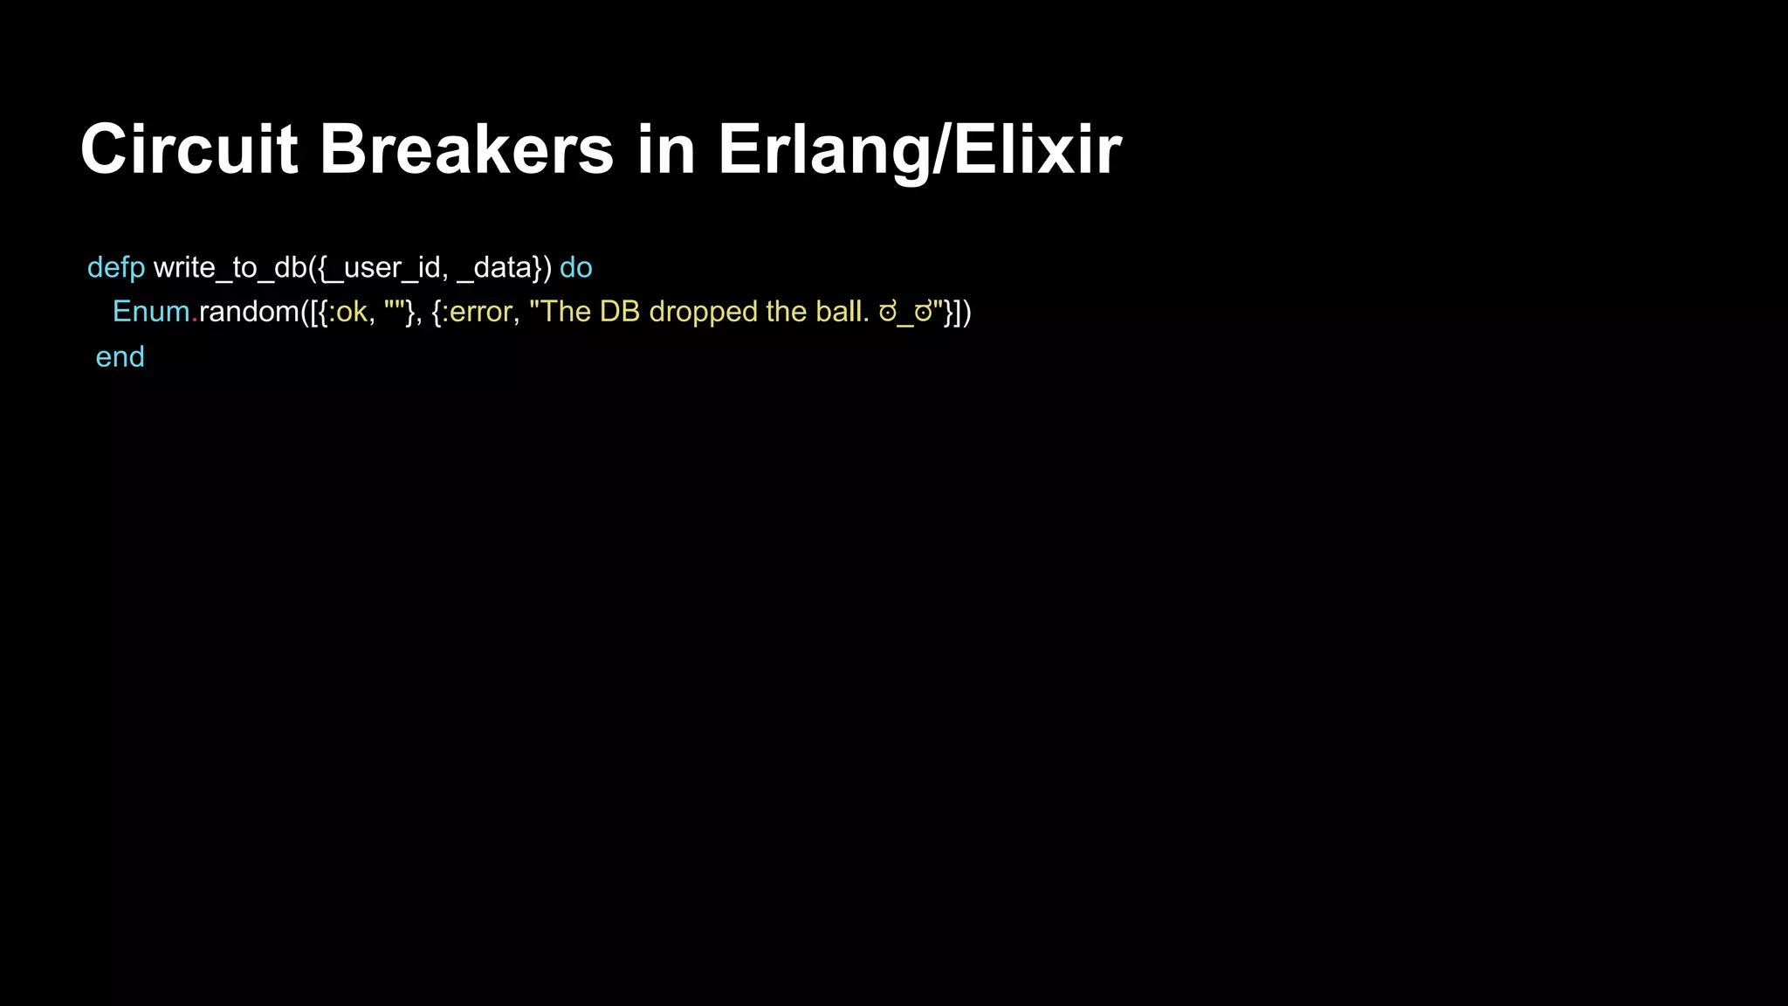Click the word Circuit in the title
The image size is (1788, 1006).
tap(189, 149)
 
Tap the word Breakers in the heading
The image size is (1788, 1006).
tap(466, 149)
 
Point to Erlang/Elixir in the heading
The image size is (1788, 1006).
tap(919, 149)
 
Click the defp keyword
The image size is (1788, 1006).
tap(116, 268)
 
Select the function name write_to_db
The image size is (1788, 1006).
tap(230, 268)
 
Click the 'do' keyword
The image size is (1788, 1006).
tap(576, 268)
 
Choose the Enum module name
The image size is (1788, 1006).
tap(151, 312)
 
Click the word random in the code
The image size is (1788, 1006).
tap(250, 312)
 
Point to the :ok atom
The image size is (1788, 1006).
tap(348, 312)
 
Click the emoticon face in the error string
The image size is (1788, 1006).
tap(905, 313)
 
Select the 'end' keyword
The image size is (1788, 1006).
tap(120, 357)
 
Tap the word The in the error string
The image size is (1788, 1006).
tap(566, 312)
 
